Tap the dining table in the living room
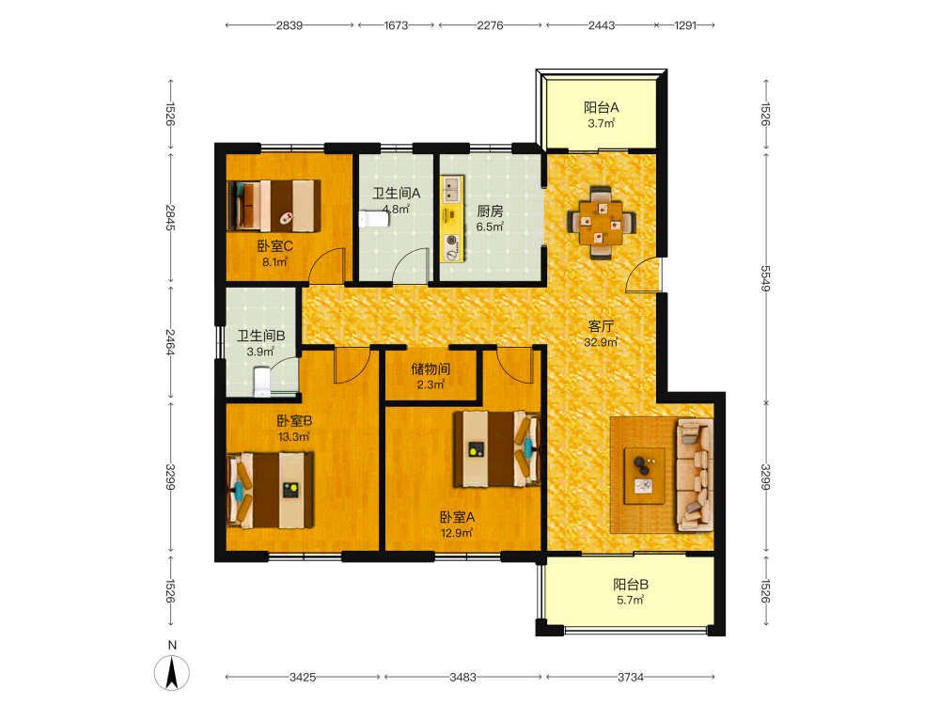tap(601, 223)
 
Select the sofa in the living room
tap(695, 476)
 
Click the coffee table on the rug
tap(645, 476)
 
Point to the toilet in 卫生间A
tap(373, 218)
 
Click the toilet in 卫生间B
tap(262, 383)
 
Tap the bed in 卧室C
tap(274, 206)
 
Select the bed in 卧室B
tap(271, 491)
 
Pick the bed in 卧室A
tap(497, 448)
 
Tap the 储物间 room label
tap(431, 368)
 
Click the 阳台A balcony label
tap(602, 108)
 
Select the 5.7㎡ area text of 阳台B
tap(630, 600)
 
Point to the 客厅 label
tap(601, 326)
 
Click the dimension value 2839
tap(289, 25)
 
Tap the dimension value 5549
tap(765, 278)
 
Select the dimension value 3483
tap(462, 678)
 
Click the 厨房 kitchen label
tap(490, 211)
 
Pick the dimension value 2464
tap(171, 342)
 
